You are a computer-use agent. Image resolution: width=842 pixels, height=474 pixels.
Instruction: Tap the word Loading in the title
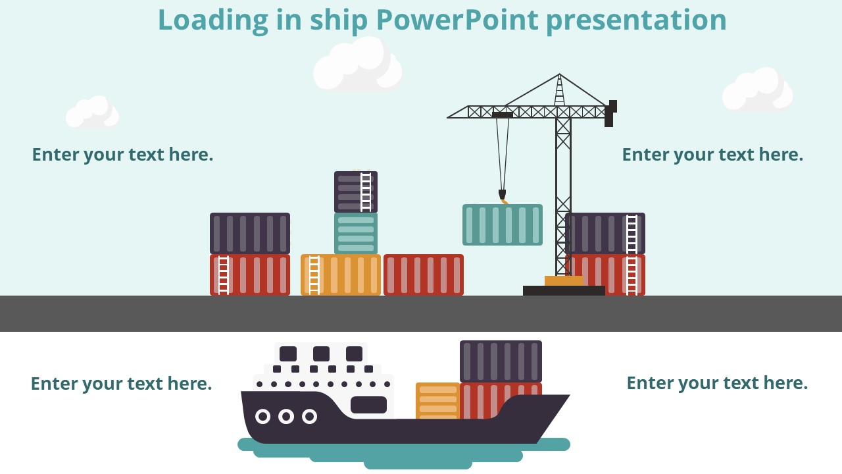click(x=212, y=20)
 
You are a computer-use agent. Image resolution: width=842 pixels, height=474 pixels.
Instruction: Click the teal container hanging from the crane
click(x=503, y=224)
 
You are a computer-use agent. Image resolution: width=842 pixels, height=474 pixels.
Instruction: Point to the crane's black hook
click(x=502, y=194)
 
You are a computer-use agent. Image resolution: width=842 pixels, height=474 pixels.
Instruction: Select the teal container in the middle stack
click(x=356, y=233)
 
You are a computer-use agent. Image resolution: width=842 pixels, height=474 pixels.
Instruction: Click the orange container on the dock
click(x=341, y=275)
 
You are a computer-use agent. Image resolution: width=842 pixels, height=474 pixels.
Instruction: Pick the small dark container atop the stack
click(x=356, y=192)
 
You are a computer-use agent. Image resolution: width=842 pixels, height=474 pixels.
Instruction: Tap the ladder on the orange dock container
click(x=314, y=275)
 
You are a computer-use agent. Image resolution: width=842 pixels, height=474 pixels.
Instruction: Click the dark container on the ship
click(x=501, y=361)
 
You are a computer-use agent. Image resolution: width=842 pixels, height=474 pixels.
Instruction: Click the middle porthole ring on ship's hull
click(x=286, y=416)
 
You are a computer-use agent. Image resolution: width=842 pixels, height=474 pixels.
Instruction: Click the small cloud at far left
click(x=92, y=113)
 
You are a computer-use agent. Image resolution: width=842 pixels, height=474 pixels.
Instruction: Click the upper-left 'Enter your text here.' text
click(x=122, y=155)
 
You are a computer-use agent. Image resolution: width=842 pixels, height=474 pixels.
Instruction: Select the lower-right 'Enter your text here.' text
click(x=717, y=383)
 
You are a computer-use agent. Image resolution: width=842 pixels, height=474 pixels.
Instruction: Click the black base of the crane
click(x=564, y=290)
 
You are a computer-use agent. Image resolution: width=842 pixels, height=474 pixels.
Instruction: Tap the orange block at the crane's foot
click(x=564, y=280)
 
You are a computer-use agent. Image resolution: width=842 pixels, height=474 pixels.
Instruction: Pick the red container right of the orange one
click(x=424, y=275)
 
